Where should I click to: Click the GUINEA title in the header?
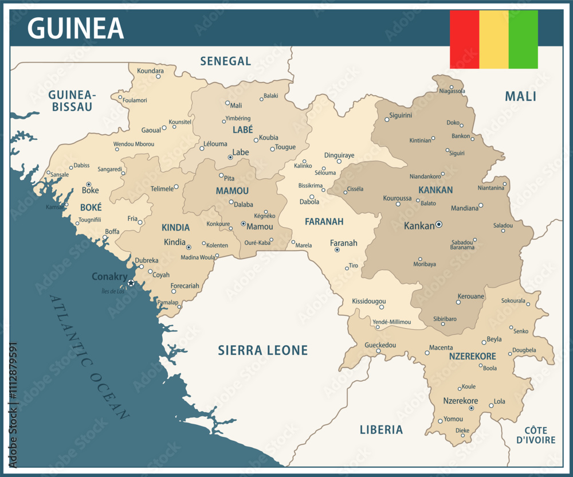pyautogui.click(x=75, y=28)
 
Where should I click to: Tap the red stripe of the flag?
pyautogui.click(x=464, y=40)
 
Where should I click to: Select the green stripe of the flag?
pyautogui.click(x=523, y=40)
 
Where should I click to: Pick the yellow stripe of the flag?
pyautogui.click(x=493, y=40)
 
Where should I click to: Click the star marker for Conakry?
pyautogui.click(x=131, y=283)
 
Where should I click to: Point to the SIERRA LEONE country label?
pyautogui.click(x=263, y=350)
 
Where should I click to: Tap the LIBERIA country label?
pyautogui.click(x=381, y=429)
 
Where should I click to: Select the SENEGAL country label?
pyautogui.click(x=226, y=61)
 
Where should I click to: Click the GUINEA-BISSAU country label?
pyautogui.click(x=72, y=100)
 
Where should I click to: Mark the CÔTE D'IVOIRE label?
pyautogui.click(x=536, y=435)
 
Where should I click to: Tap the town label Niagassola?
pyautogui.click(x=452, y=91)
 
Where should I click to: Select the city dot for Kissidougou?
pyautogui.click(x=381, y=307)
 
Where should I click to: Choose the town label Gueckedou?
pyautogui.click(x=380, y=345)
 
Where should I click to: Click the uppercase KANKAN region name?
pyautogui.click(x=435, y=190)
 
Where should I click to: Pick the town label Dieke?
pyautogui.click(x=462, y=430)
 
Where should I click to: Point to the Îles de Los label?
pyautogui.click(x=112, y=291)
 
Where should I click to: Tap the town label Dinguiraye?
pyautogui.click(x=339, y=155)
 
